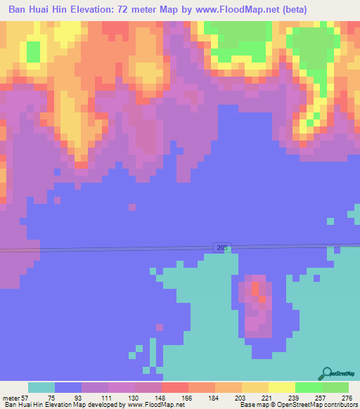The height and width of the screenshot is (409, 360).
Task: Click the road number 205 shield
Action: [222, 247]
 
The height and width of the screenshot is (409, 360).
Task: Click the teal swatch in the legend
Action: [41, 387]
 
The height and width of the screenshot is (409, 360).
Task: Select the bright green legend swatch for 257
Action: [309, 387]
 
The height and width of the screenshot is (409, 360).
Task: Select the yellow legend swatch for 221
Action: [255, 387]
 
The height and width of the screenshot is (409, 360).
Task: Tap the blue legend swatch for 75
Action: [68, 387]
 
